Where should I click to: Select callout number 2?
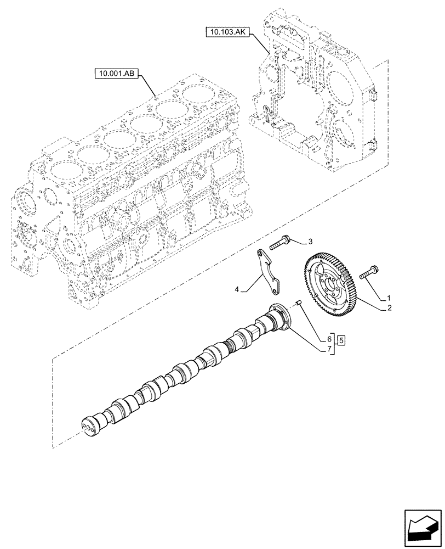click(389, 309)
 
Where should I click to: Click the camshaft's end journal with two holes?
click(89, 426)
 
